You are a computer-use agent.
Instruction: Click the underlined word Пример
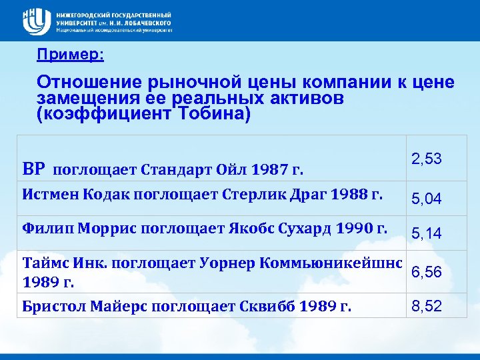[x=70, y=55]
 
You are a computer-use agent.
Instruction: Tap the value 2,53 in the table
[x=426, y=159]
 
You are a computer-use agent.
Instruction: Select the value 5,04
[x=426, y=198]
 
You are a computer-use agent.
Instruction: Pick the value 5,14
[x=426, y=233]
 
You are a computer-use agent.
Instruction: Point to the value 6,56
[x=426, y=272]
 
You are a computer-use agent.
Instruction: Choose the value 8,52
[x=426, y=307]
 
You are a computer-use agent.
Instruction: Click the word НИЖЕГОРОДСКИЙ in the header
[x=85, y=14]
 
